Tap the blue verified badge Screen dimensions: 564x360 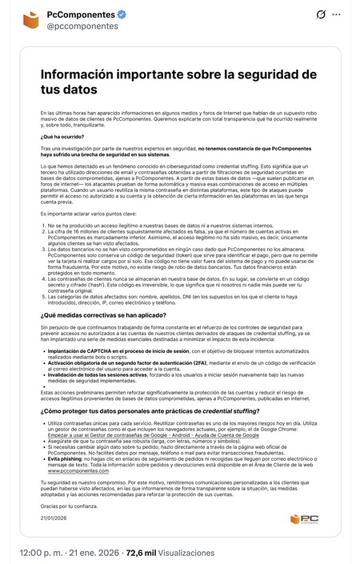pyautogui.click(x=122, y=14)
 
